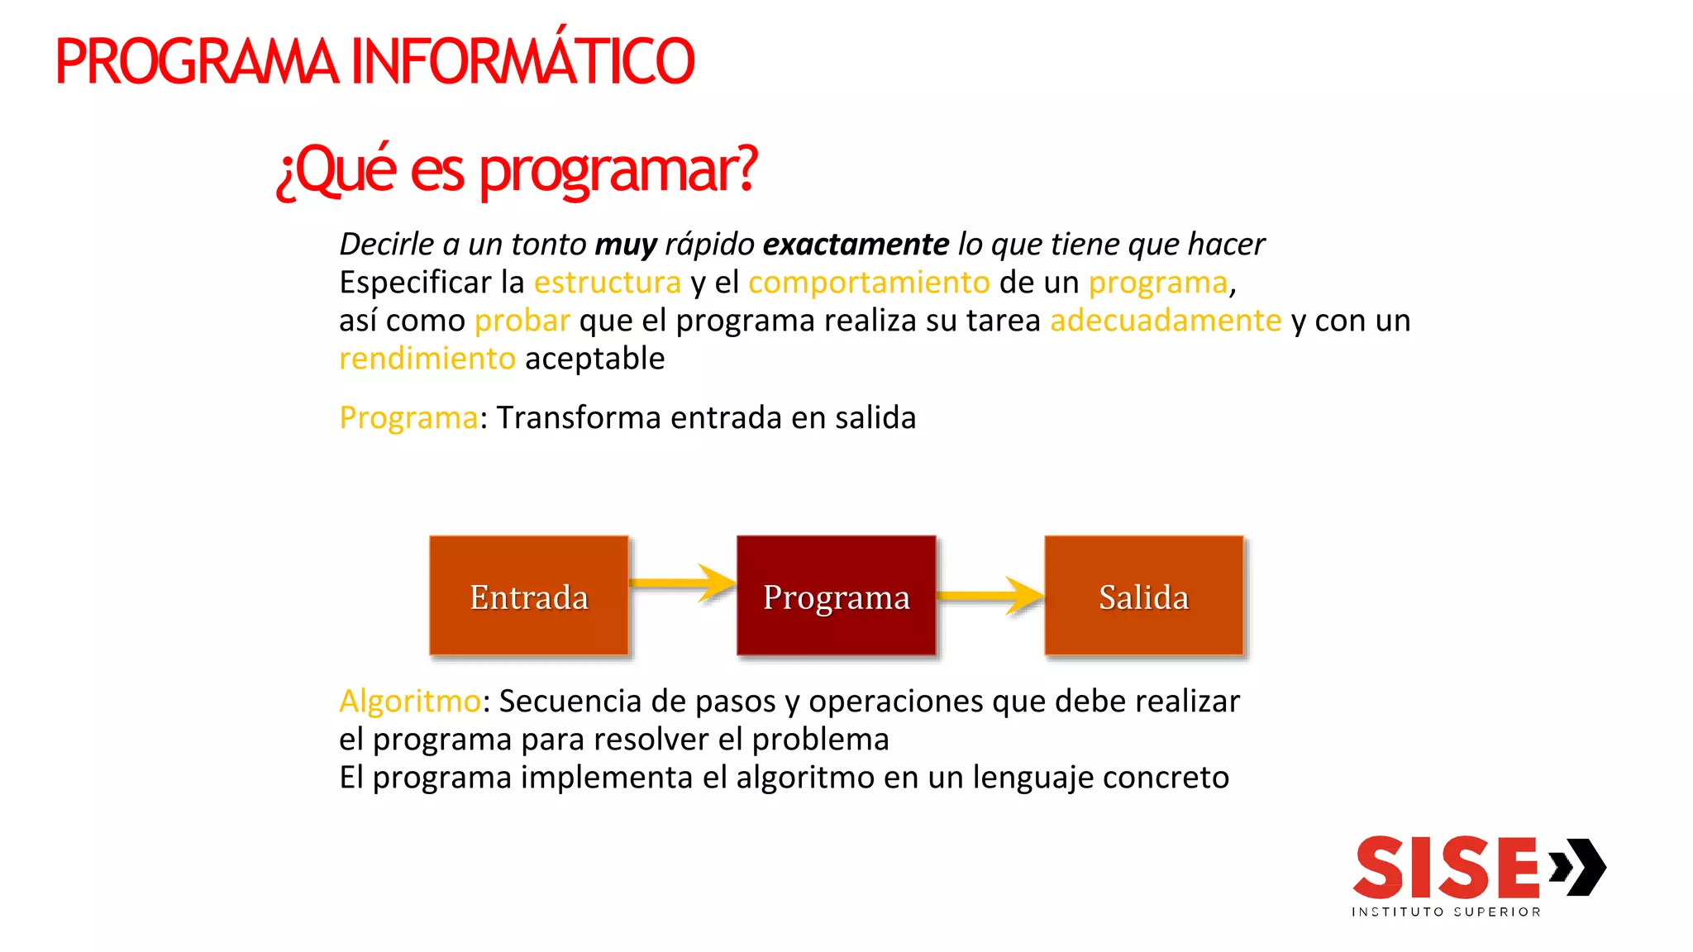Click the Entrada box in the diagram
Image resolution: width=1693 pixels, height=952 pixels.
coord(528,596)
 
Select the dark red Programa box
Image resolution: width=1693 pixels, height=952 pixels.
coord(836,596)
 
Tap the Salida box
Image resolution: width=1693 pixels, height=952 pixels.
coord(1143,596)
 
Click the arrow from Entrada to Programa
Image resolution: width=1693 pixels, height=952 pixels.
coord(683,583)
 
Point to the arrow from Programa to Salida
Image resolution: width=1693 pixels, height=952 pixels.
coord(990,595)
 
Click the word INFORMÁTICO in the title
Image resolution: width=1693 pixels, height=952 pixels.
coord(522,62)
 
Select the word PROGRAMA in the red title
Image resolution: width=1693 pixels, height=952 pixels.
coord(197,62)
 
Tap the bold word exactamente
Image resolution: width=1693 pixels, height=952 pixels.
coord(856,245)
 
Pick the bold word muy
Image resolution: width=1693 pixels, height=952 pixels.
coord(626,245)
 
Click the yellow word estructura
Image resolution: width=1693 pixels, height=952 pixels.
coord(608,283)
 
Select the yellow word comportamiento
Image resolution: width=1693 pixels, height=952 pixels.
coord(869,283)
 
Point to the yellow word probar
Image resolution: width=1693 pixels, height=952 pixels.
coord(522,321)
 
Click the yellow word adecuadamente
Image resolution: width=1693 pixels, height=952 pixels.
coord(1166,321)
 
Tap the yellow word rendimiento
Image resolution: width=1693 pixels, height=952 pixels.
coord(427,359)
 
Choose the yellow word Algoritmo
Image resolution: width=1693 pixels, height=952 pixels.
coord(410,702)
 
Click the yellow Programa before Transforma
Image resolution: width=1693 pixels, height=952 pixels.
coord(408,418)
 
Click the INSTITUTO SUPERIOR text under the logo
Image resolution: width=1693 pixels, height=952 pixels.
coord(1446,912)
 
